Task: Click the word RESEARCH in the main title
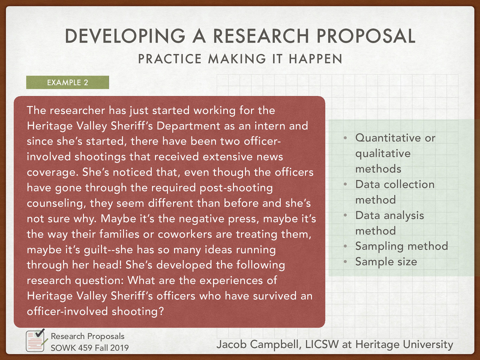[261, 36]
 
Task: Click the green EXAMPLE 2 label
[67, 82]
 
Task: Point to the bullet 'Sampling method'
[401, 246]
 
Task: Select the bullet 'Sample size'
[386, 262]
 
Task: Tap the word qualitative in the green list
[383, 154]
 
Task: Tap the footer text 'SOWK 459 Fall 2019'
[89, 348]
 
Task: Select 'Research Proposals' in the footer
[87, 336]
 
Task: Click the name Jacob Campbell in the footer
[258, 344]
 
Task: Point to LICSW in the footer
[322, 344]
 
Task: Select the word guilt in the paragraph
[95, 250]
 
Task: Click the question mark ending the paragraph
[161, 311]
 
